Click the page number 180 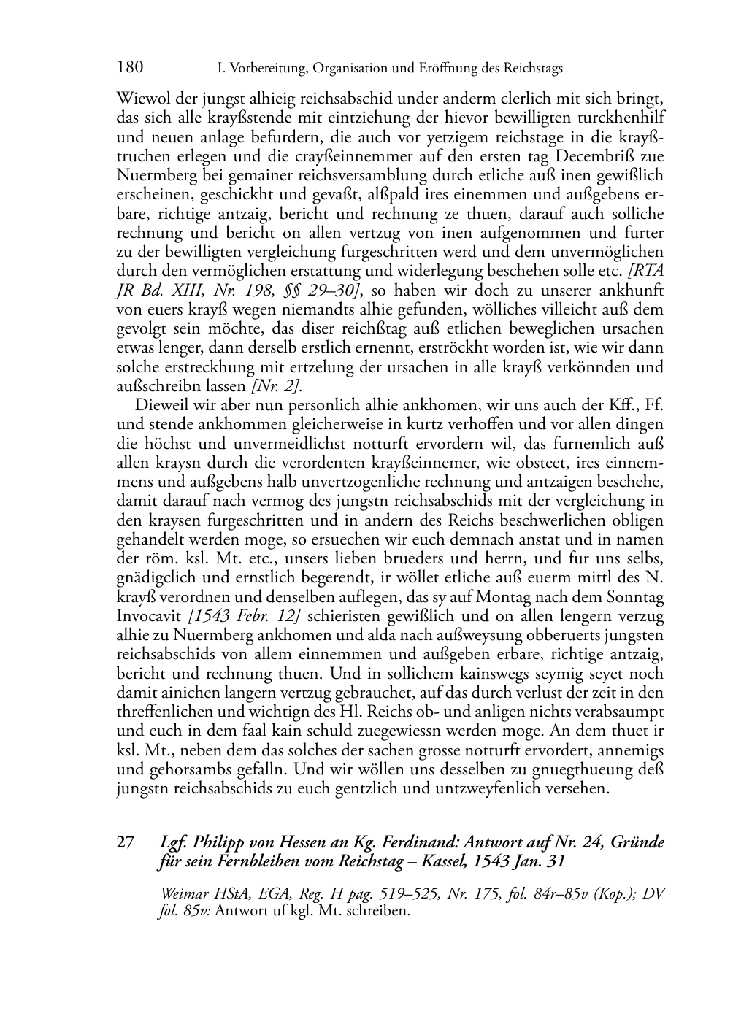click(x=129, y=68)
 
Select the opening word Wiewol click(x=140, y=99)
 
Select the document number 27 click(x=125, y=843)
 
